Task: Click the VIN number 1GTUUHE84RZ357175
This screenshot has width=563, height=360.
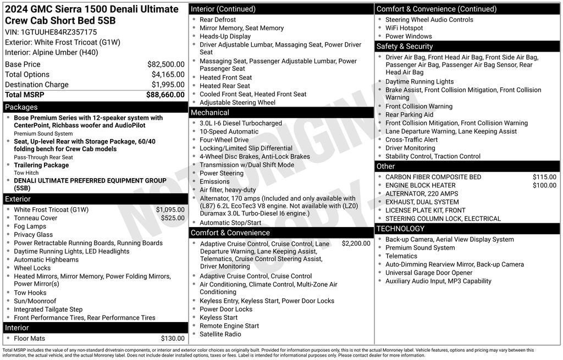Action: click(59, 32)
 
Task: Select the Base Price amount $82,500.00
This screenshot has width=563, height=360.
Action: click(165, 64)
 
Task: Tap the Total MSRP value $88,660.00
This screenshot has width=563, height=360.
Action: click(165, 95)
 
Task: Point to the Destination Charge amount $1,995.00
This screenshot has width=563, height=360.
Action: click(168, 85)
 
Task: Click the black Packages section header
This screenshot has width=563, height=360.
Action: click(95, 107)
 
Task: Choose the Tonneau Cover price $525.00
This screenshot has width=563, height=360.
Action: click(173, 218)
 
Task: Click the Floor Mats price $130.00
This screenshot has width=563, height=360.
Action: click(173, 339)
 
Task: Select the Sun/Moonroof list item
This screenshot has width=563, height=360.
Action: click(35, 301)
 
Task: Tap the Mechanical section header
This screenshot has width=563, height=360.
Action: click(281, 113)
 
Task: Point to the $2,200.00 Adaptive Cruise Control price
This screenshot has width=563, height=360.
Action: click(356, 243)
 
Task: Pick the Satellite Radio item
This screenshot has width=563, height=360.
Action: click(220, 334)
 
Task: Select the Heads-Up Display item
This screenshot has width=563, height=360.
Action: click(225, 36)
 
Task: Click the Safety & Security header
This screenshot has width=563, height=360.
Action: click(468, 46)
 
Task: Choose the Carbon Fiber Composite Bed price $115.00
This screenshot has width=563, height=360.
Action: click(544, 177)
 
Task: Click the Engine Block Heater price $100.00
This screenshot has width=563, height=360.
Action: click(544, 185)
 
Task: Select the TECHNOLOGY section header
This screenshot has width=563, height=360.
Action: click(468, 229)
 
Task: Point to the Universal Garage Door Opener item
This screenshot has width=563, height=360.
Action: click(429, 273)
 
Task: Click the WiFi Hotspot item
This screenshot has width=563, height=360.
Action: click(404, 28)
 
